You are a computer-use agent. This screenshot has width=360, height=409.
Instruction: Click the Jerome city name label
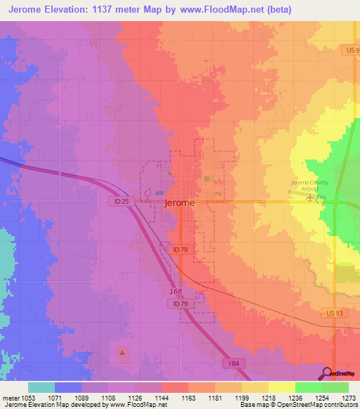[179, 202]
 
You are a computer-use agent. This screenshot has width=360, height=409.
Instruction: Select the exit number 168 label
[176, 291]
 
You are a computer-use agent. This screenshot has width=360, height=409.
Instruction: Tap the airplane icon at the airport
[311, 197]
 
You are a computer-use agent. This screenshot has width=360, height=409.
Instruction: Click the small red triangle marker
[122, 352]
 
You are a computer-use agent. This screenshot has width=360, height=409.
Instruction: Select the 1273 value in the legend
[348, 397]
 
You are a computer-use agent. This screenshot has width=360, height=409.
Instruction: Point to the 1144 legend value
[162, 397]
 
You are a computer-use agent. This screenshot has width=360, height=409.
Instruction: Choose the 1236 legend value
[295, 397]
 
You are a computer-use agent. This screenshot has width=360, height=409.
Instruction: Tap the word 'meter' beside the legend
[11, 397]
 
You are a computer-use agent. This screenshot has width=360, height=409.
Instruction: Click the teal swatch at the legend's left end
[41, 387]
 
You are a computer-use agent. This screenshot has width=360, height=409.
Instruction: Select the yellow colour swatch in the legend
[282, 387]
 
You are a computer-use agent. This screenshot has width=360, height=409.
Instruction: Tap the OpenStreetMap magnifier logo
[328, 373]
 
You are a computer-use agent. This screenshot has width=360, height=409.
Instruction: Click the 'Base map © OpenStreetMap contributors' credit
[297, 405]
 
